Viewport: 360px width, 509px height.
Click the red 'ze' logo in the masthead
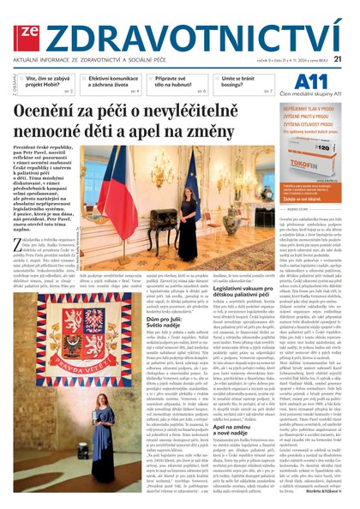(27, 29)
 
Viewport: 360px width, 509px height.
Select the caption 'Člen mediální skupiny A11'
(313, 93)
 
